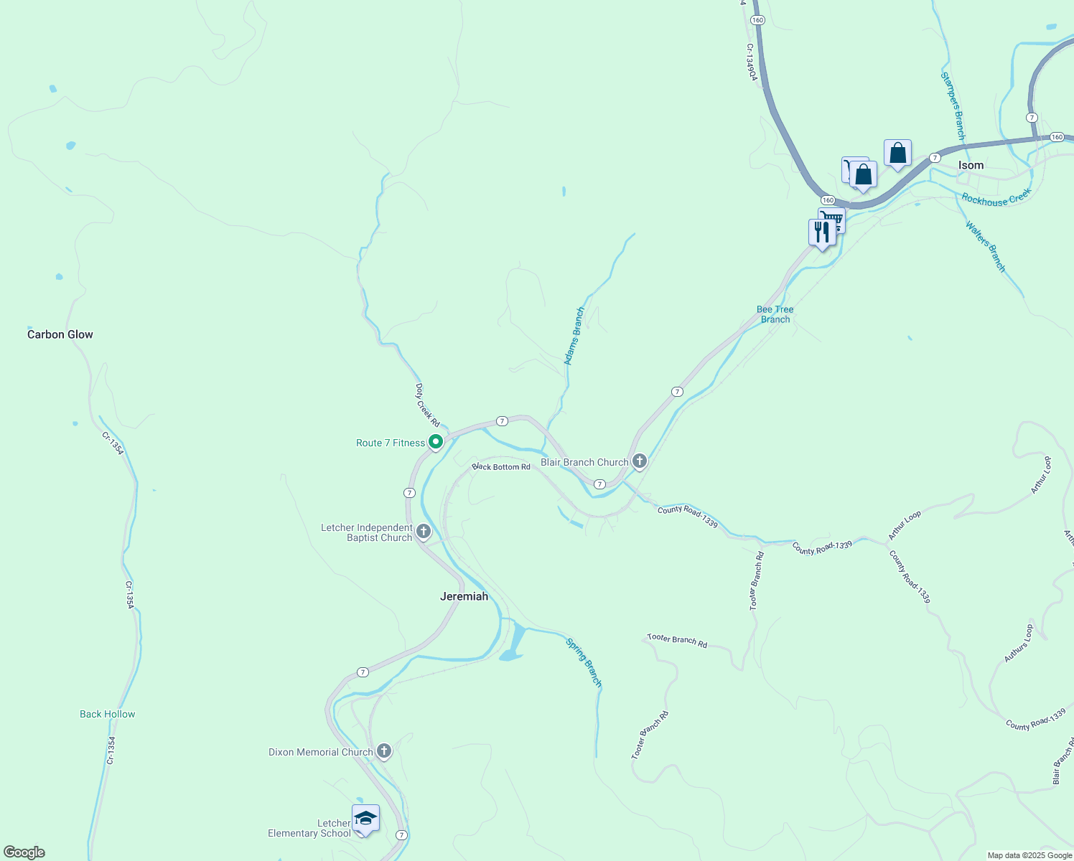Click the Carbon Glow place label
click(60, 334)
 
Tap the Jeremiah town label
click(464, 596)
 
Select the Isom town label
click(971, 165)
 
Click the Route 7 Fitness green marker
click(435, 442)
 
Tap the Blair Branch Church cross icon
click(639, 461)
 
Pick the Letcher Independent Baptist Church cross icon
click(424, 532)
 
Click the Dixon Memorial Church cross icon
click(384, 751)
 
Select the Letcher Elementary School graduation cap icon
click(365, 818)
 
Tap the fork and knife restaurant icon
click(821, 232)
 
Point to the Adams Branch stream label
click(574, 336)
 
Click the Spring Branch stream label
click(584, 662)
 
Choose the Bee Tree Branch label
click(775, 314)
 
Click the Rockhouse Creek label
click(996, 198)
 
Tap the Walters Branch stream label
click(985, 246)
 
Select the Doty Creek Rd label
click(427, 405)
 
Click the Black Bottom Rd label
click(501, 466)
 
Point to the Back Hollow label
click(107, 714)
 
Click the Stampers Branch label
click(953, 105)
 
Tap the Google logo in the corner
click(24, 852)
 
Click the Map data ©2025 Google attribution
click(1029, 855)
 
